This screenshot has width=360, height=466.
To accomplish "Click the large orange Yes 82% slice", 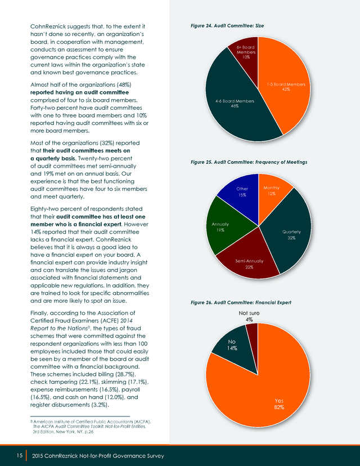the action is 267,392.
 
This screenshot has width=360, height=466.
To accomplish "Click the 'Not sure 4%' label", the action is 249,316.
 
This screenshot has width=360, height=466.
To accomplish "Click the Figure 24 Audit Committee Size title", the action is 227,26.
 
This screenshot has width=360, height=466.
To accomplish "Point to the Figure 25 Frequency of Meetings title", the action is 249,162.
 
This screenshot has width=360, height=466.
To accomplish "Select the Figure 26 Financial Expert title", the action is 241,303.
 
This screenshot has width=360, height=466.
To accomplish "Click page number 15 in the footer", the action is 20,456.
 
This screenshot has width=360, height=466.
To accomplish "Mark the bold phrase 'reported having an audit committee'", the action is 80,92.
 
